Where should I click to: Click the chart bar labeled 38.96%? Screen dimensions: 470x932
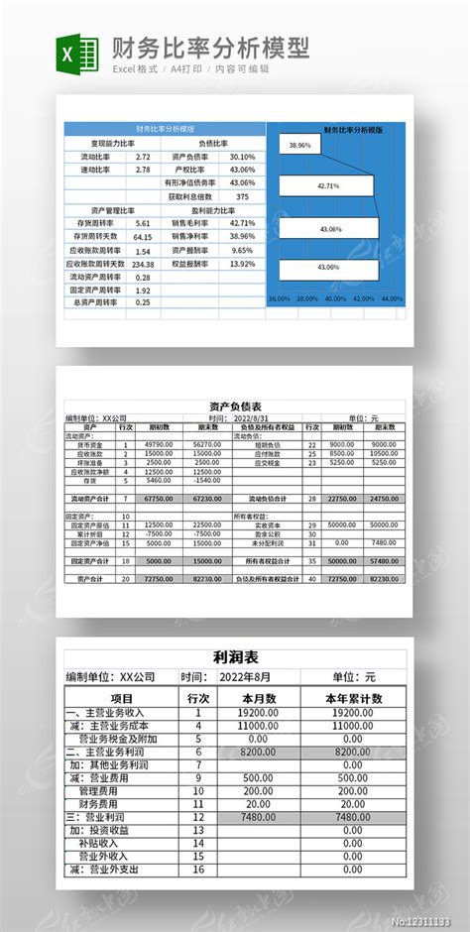(299, 145)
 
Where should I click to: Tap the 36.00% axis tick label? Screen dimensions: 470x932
(279, 297)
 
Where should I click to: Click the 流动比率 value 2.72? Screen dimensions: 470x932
(143, 157)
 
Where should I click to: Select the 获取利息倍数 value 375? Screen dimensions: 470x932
(242, 196)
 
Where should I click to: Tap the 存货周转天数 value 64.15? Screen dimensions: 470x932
(143, 237)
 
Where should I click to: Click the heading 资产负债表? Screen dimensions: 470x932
(235, 407)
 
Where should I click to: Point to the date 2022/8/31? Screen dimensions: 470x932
(250, 418)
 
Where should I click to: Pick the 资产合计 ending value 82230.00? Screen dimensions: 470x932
(207, 576)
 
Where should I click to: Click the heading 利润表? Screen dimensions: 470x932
(235, 657)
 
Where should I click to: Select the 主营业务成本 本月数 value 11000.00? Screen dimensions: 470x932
(258, 725)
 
